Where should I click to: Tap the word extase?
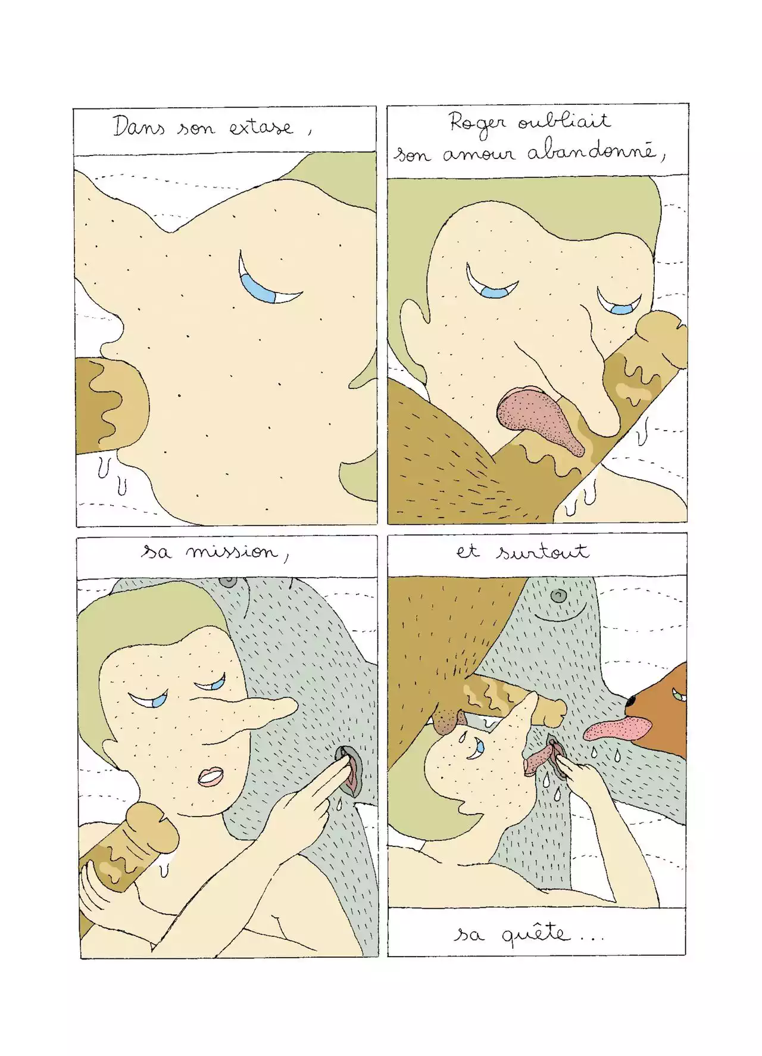pos(261,127)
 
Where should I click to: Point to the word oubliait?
pos(564,120)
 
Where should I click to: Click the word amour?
pos(477,154)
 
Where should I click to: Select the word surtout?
pos(543,552)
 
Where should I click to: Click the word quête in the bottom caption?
pos(535,933)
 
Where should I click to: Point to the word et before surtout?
pos(468,552)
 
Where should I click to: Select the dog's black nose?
pos(632,703)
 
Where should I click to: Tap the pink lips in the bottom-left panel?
pos(210,777)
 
